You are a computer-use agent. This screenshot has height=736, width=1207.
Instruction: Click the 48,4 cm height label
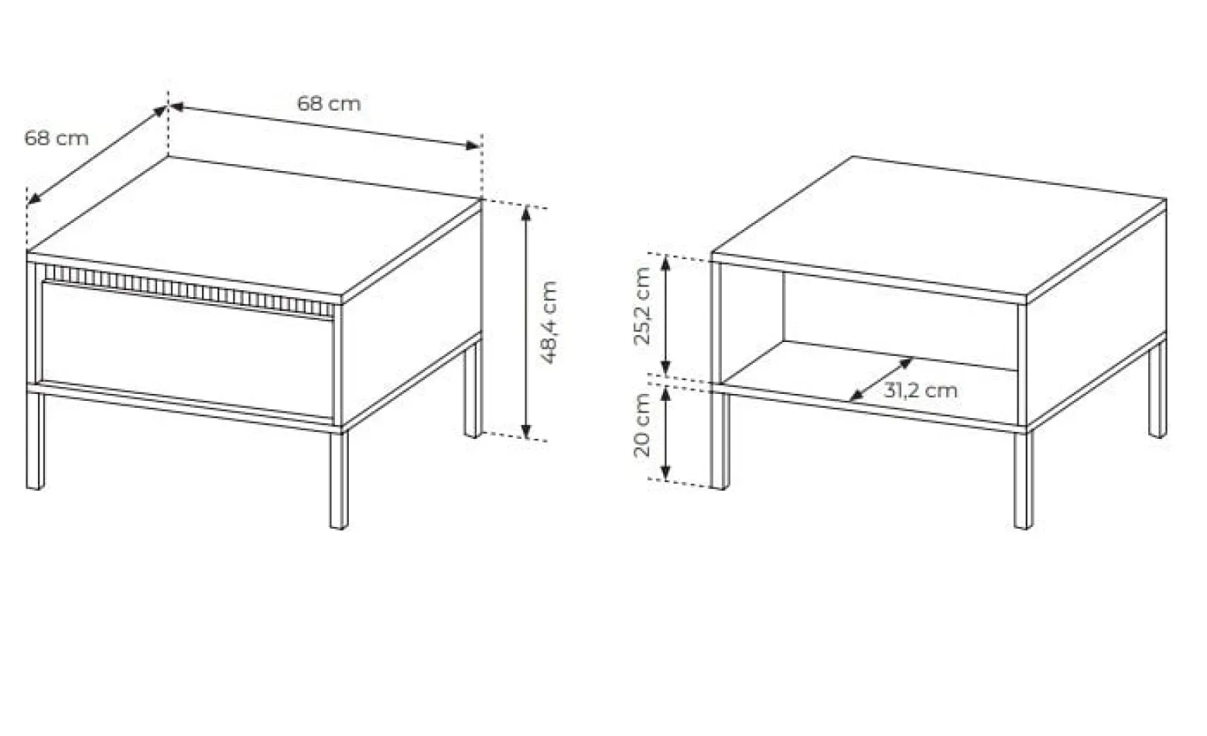pyautogui.click(x=548, y=323)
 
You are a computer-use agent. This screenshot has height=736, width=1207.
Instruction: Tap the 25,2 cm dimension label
pyautogui.click(x=641, y=306)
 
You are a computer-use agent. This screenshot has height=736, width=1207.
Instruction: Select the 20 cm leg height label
pyautogui.click(x=641, y=426)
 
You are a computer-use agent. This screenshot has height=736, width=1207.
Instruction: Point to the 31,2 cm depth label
pyautogui.click(x=921, y=390)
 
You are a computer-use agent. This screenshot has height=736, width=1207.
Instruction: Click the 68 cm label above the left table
pyautogui.click(x=329, y=104)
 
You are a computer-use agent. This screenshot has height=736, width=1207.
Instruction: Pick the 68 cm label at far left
pyautogui.click(x=56, y=139)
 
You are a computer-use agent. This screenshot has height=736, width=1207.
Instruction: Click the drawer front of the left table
pyautogui.click(x=187, y=351)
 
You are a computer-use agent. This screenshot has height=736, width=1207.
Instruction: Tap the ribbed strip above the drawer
pyautogui.click(x=189, y=290)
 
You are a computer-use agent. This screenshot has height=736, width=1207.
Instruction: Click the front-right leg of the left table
pyautogui.click(x=339, y=480)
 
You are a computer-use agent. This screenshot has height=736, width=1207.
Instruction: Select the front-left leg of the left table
pyautogui.click(x=35, y=440)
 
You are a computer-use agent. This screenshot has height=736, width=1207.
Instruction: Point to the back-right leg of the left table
pyautogui.click(x=473, y=391)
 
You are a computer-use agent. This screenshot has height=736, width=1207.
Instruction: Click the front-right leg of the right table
pyautogui.click(x=1024, y=480)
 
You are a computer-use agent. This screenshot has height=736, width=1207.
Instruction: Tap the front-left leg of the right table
pyautogui.click(x=720, y=440)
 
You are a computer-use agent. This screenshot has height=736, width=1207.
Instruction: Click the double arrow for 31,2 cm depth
pyautogui.click(x=880, y=380)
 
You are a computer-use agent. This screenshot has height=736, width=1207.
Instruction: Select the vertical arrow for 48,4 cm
pyautogui.click(x=526, y=323)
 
